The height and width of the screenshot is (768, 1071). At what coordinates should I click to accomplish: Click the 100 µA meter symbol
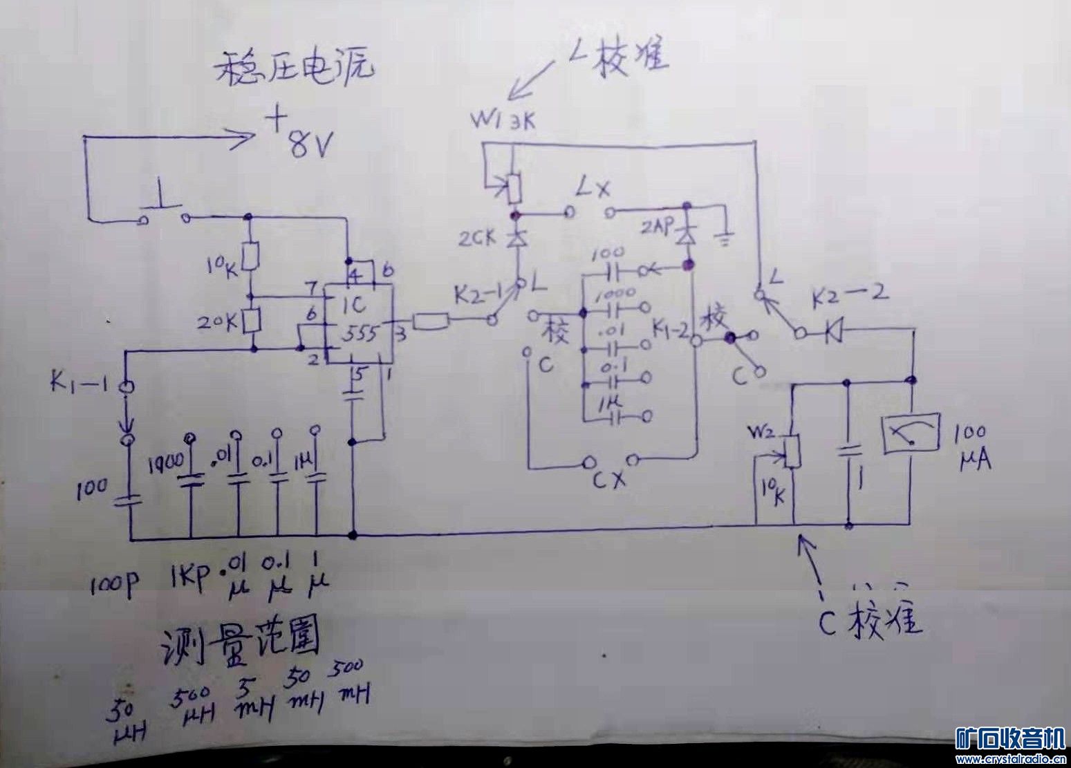(910, 434)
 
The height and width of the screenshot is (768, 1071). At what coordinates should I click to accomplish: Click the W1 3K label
(502, 122)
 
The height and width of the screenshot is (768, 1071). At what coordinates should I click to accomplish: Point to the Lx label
(593, 187)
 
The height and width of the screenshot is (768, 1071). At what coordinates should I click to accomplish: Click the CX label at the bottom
(611, 478)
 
